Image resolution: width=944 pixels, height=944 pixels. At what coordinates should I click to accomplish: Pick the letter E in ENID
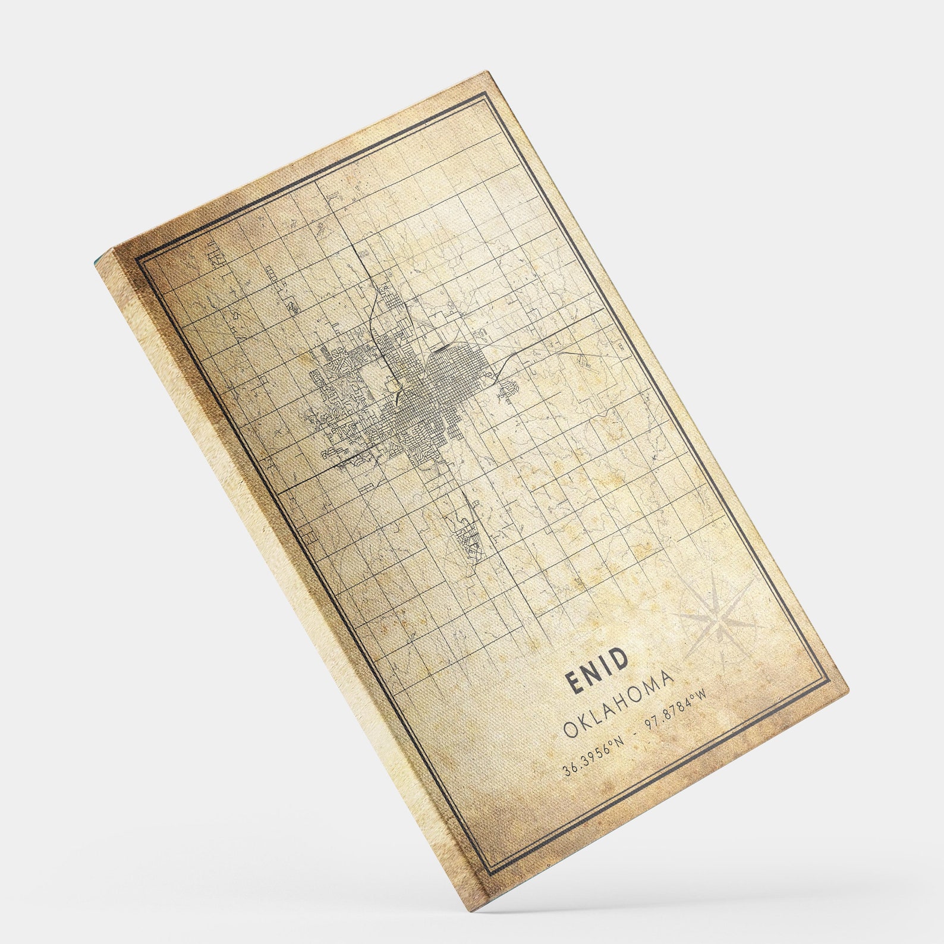(x=574, y=684)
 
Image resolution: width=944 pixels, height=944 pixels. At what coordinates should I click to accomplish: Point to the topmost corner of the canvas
(x=487, y=72)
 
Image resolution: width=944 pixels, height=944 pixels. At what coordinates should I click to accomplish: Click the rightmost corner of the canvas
(x=848, y=690)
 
